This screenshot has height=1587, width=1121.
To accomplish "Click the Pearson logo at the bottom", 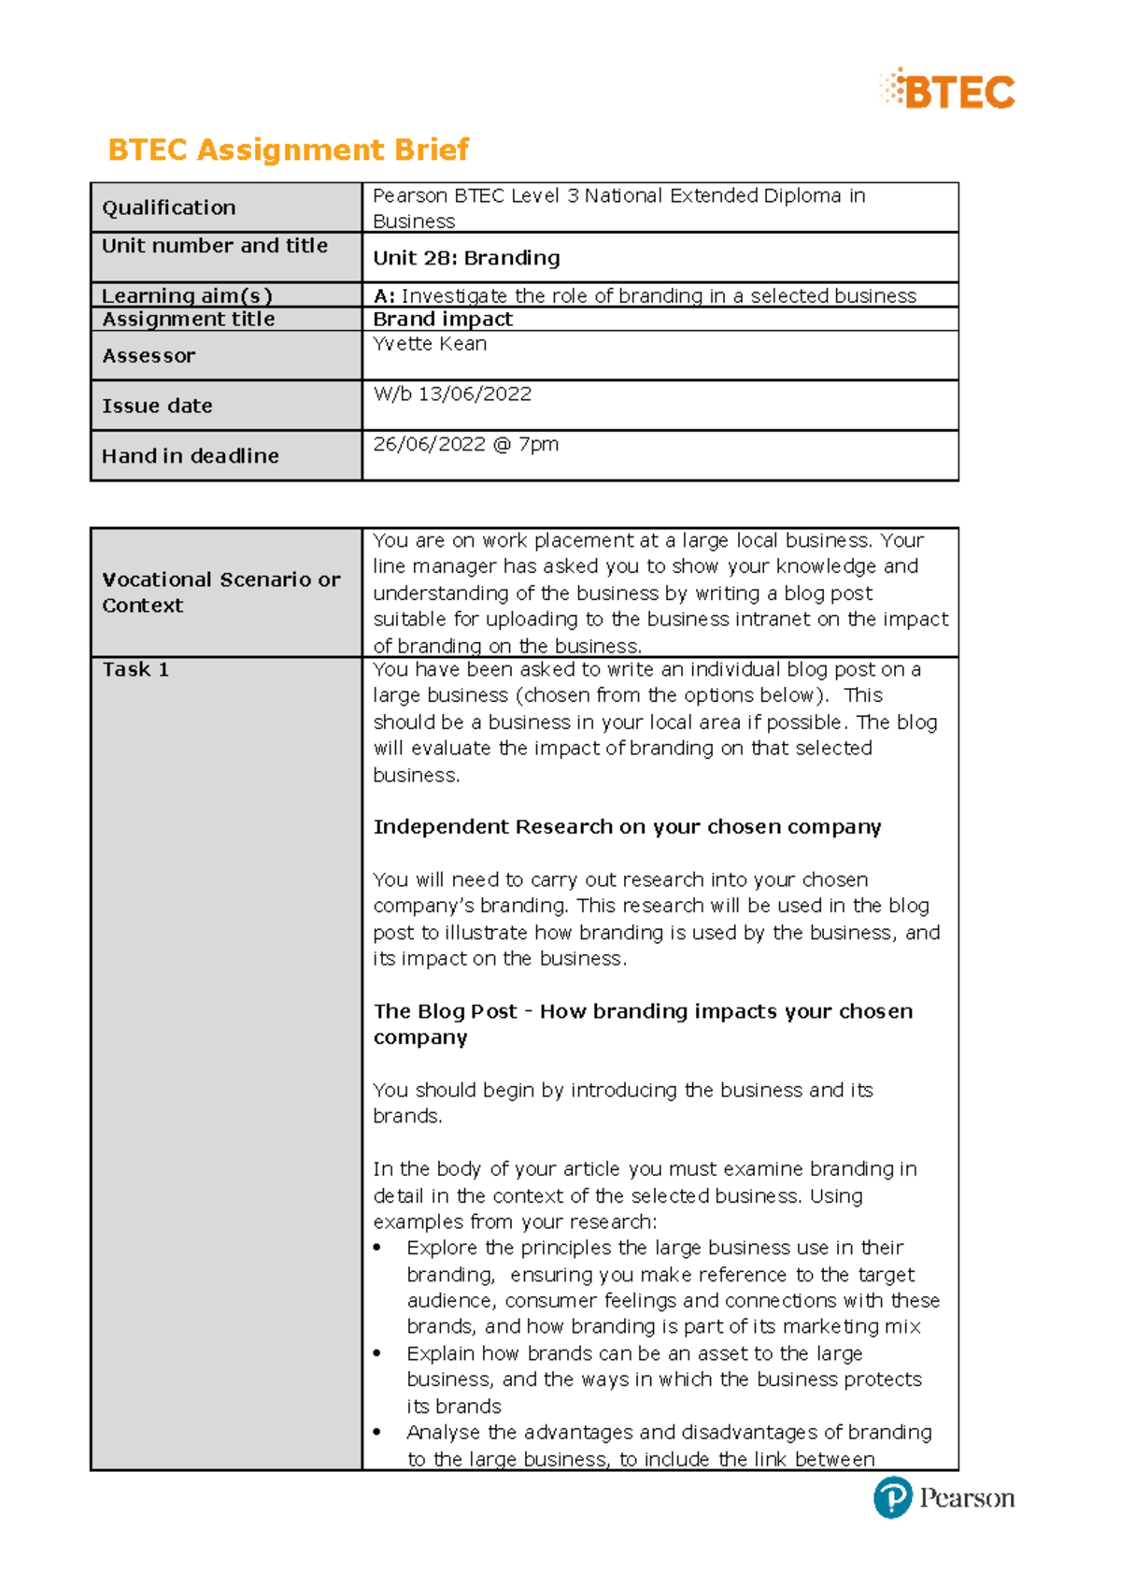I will point(944,1498).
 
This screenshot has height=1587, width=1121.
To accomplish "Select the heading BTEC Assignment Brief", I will point(288,150).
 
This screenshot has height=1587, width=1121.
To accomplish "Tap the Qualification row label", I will point(169,207).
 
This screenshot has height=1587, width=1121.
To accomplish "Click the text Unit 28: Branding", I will point(466,258).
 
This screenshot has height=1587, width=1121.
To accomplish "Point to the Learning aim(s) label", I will point(187,295).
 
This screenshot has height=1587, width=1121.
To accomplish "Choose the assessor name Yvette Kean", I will point(430,344).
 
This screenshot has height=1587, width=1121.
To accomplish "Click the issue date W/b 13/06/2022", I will point(452,394).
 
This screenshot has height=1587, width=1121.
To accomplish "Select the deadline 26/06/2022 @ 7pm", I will point(465,445).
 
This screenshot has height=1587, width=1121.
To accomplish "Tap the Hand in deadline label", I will point(191,456).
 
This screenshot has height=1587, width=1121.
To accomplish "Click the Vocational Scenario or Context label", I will point(220,592).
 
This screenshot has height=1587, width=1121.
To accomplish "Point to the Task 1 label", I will point(135,669).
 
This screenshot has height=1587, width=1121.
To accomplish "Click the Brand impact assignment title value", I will point(443,320).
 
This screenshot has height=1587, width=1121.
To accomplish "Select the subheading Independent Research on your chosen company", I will point(627,827).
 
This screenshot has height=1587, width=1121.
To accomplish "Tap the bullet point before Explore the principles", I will point(377,1249).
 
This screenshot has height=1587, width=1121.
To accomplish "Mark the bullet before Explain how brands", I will point(377,1354).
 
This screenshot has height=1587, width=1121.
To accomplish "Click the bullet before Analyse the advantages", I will point(377,1433).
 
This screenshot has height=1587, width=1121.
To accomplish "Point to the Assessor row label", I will point(149,356).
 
